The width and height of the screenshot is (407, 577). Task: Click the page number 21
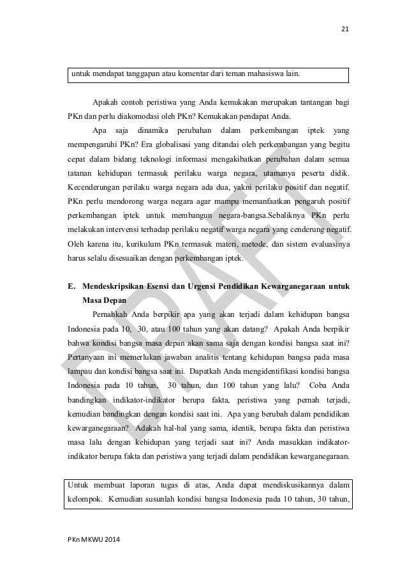[x=346, y=28]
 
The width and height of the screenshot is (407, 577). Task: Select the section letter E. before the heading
[x=70, y=285]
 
